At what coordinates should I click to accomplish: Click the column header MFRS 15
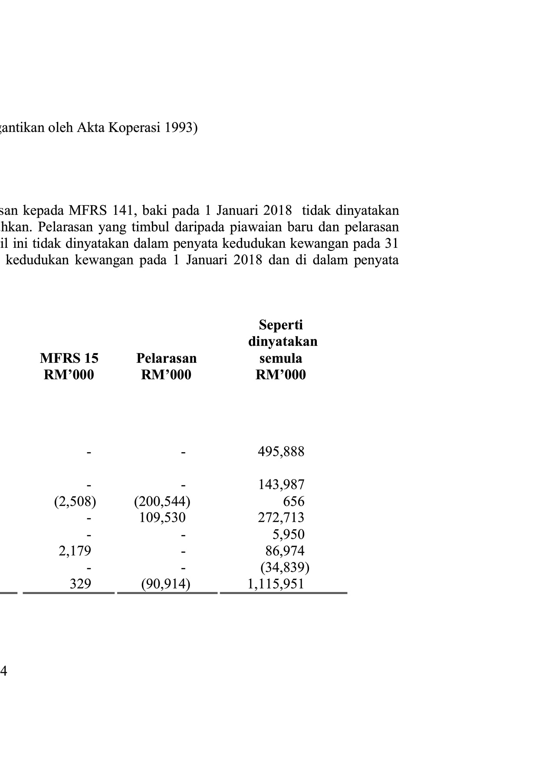tap(69, 358)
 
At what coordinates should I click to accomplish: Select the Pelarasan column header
tap(166, 358)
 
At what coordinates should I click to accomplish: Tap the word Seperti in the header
tap(281, 325)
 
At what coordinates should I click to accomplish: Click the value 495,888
tap(281, 452)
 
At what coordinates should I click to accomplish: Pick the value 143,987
tap(281, 485)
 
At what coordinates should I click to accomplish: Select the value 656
tap(294, 502)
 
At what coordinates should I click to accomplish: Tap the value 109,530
tap(162, 518)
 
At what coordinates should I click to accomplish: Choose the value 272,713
tap(281, 518)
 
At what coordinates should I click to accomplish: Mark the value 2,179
tap(75, 551)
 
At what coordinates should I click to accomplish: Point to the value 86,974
tap(285, 551)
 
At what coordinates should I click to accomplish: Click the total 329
tap(81, 584)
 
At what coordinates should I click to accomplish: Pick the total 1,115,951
tap(276, 584)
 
